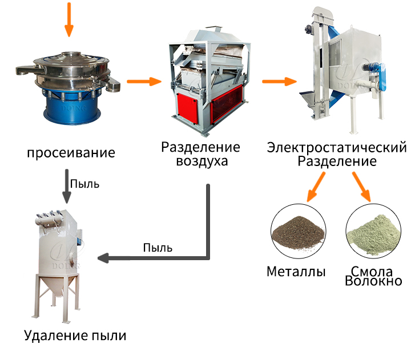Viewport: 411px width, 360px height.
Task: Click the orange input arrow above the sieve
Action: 69,19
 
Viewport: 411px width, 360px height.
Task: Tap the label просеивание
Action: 71,153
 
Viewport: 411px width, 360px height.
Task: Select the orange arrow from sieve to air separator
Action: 144,82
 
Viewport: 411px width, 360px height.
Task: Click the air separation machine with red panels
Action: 209,81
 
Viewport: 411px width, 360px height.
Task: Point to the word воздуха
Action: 202,161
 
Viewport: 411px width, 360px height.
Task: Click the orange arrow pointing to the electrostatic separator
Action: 279,82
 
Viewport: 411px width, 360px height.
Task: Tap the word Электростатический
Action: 337,147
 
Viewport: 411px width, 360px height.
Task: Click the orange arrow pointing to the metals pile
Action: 316,187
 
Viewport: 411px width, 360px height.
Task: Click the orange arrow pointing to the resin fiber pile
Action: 362,187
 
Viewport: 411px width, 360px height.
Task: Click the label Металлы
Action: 296,272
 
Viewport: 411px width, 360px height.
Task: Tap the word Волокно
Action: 373,281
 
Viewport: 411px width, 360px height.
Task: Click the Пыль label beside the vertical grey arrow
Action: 84,184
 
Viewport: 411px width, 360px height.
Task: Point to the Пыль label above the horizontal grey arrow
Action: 158,248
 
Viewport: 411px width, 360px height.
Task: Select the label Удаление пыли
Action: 75,335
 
